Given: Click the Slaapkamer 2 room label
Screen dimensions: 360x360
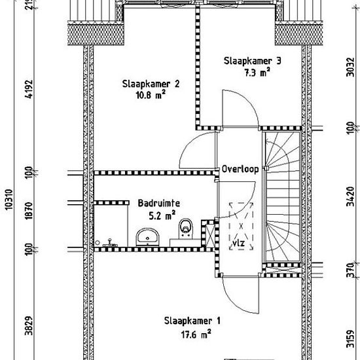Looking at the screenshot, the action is coord(151,84).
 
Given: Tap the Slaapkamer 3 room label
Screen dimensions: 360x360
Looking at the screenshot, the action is coord(252,61).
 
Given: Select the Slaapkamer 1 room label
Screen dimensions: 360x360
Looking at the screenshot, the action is coord(192,321).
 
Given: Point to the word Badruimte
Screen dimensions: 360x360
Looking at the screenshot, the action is coord(159,203).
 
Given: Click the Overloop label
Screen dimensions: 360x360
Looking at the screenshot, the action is coord(240,170).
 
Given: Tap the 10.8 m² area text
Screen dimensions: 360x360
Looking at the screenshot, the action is coord(151,95).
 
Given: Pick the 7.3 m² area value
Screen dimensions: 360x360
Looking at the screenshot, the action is coord(257,72).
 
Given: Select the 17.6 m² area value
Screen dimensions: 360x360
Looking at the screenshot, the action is coord(196,334).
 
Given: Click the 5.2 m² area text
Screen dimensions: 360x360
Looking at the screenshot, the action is coord(162,215).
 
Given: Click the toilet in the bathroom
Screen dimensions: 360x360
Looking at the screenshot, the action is coord(185,228).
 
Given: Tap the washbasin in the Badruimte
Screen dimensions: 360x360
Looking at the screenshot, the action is coord(148,237).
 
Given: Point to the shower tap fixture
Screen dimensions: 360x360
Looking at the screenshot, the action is coord(110,243).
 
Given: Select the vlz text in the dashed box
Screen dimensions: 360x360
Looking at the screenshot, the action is coord(239,243).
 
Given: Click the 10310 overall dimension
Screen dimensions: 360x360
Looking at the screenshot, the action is coord(9,200).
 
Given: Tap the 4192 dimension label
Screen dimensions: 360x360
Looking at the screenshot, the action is coord(29,89).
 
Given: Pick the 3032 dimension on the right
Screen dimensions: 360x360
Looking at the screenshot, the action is coord(351,67).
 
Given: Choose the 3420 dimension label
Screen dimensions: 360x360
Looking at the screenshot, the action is coord(351,196).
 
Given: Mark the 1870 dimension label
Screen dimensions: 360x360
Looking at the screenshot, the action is coord(29,211).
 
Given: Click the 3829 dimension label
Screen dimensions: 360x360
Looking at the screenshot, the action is coord(29,326).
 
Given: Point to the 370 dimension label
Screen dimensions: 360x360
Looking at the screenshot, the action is coord(351,270).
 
